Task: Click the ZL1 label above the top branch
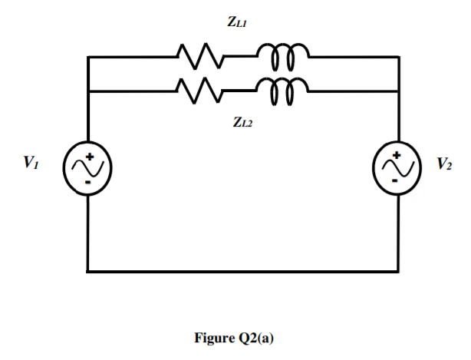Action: coord(237,24)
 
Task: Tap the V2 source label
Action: coord(444,163)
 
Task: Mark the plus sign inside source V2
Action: coord(397,155)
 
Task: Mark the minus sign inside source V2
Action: coord(394,182)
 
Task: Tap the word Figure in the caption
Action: coord(212,337)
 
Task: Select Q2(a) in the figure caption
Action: coord(254,337)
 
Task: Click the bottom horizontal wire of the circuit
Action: coord(243,271)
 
